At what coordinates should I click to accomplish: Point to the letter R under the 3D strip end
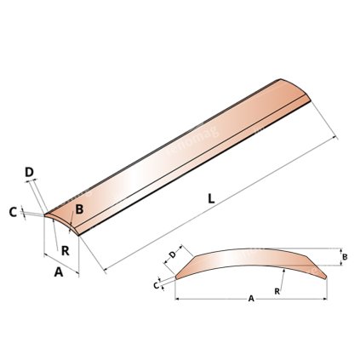(x=65, y=250)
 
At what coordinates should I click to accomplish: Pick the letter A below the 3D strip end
(x=57, y=273)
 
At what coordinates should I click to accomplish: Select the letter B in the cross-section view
(x=345, y=256)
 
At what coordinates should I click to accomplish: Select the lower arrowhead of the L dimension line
(x=106, y=270)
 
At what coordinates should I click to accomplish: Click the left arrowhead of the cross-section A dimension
(x=176, y=297)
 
